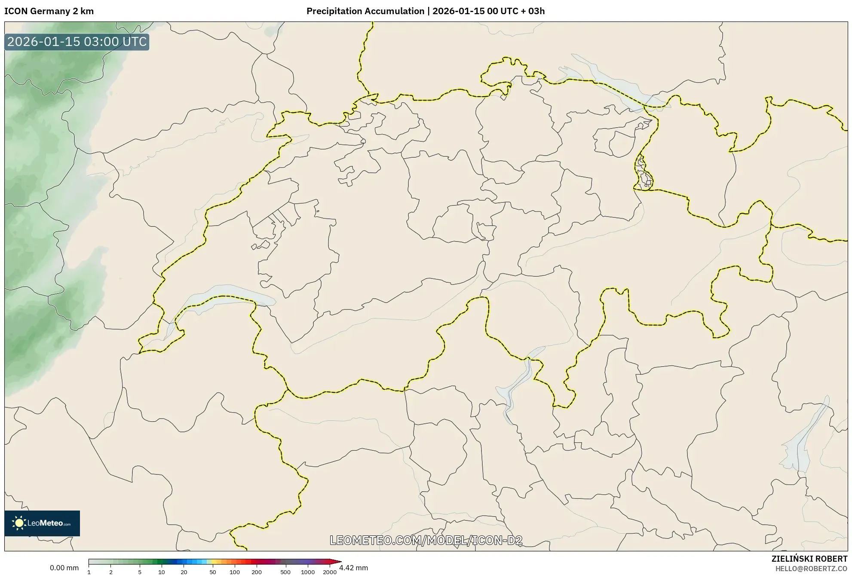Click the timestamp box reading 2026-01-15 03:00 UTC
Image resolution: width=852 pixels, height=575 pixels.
[x=77, y=42]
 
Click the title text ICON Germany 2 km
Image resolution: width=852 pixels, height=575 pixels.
[x=49, y=11]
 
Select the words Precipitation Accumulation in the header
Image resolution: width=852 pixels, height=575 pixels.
[x=365, y=11]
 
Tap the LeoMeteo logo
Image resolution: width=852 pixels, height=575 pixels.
[x=42, y=523]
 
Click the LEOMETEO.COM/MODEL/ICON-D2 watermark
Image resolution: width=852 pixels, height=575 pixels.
[x=426, y=540]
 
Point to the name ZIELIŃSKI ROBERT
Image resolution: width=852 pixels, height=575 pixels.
[x=809, y=559]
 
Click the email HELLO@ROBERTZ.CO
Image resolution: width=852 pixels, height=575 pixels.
[x=811, y=569]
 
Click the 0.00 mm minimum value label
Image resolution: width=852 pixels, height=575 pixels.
[x=64, y=568]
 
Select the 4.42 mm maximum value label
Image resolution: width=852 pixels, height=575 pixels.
[x=353, y=568]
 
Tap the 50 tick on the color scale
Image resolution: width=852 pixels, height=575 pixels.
[x=212, y=572]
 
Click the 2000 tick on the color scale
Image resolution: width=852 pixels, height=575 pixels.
[x=330, y=572]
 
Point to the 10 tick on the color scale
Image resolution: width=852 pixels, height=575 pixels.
[x=162, y=572]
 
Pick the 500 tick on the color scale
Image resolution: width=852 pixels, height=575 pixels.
[x=285, y=572]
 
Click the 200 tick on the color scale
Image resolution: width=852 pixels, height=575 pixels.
[x=257, y=572]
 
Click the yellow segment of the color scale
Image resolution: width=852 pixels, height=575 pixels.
[x=214, y=562]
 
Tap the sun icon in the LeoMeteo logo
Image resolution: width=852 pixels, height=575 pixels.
[x=19, y=523]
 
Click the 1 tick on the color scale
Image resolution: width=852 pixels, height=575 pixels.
[x=89, y=572]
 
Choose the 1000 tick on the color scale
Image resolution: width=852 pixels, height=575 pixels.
[x=308, y=572]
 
